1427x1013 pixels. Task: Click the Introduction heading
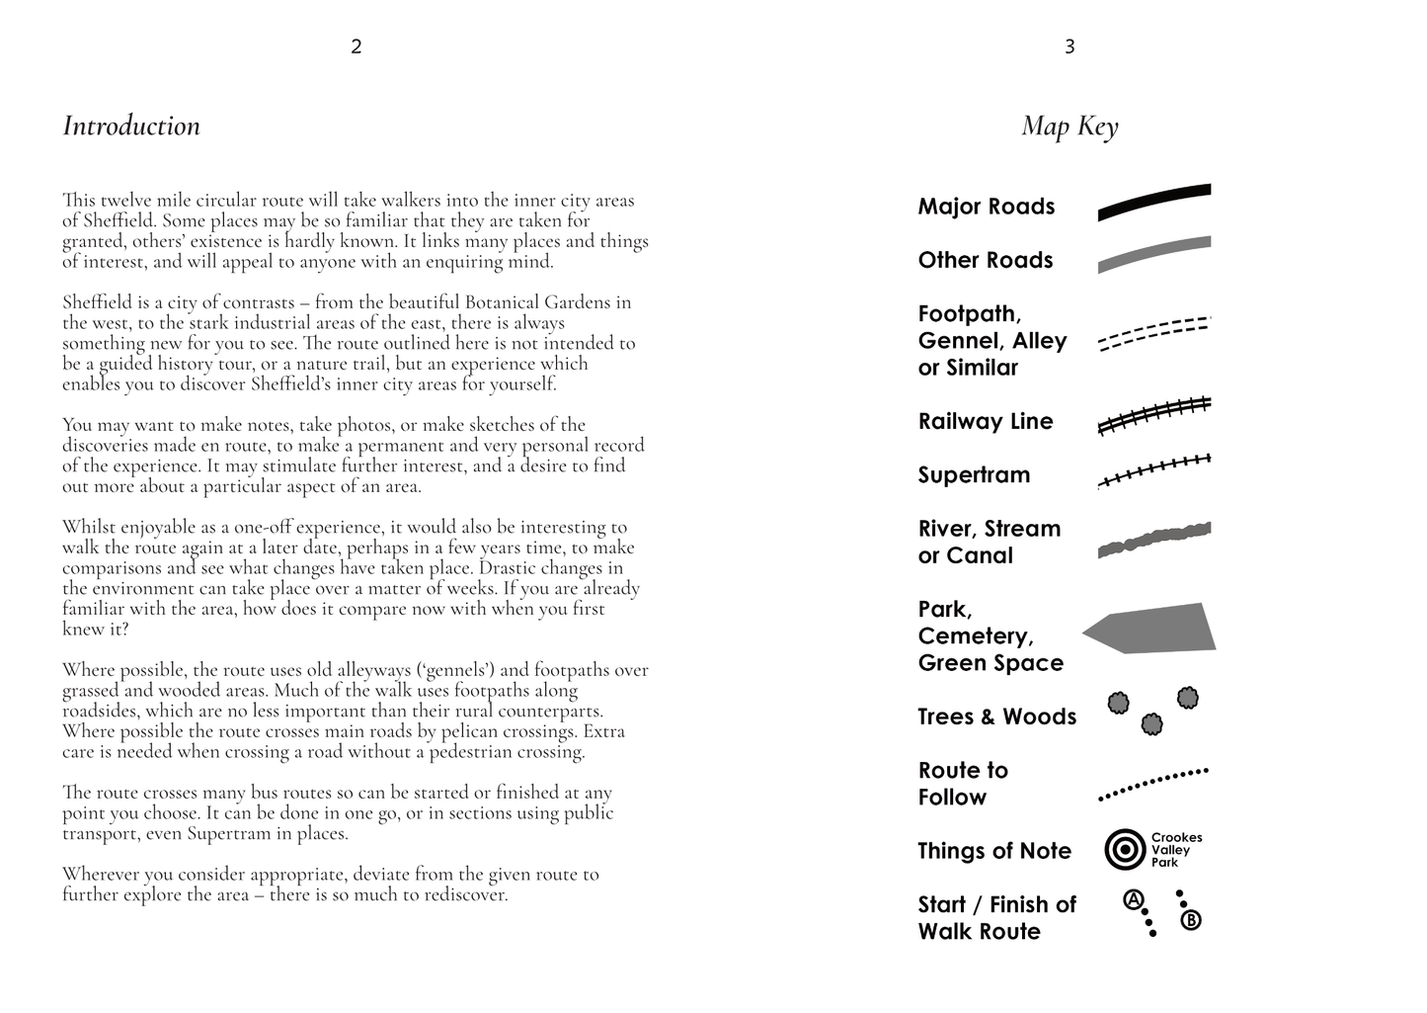coord(131,126)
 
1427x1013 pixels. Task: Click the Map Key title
coord(1070,127)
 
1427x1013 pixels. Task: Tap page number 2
coord(357,46)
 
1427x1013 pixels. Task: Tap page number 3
coord(1070,46)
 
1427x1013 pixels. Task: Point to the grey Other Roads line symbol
coord(1154,254)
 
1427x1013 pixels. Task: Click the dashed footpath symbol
coord(1154,334)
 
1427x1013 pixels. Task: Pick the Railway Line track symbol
coord(1154,415)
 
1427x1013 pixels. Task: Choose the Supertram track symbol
coord(1154,470)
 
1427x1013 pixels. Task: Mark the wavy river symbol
coord(1154,540)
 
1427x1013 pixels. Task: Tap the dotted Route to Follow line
coord(1154,782)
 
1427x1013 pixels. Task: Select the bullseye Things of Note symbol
coord(1125,850)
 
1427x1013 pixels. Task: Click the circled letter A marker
coord(1133,900)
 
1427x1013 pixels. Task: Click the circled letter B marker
coord(1191,921)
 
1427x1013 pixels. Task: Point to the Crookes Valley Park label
coord(1176,850)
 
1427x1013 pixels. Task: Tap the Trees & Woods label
coord(996,717)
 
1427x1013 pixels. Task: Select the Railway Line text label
coord(986,421)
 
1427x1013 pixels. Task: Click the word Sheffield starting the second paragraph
coord(93,302)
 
